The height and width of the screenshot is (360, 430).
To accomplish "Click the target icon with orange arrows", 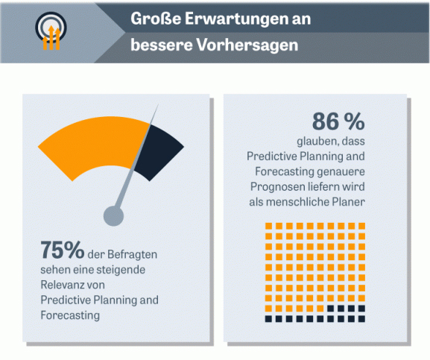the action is (x=51, y=31).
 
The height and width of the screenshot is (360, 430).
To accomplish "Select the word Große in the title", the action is (x=156, y=19).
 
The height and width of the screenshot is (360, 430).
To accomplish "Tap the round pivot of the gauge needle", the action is (x=113, y=216).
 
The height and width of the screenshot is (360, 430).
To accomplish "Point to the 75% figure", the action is (x=63, y=250).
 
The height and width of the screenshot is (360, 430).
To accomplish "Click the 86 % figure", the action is (x=338, y=121).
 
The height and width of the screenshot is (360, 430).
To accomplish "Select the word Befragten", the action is (x=133, y=254).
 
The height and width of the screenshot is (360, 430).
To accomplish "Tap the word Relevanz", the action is (x=60, y=285).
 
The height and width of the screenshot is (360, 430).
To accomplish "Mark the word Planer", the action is (x=349, y=202).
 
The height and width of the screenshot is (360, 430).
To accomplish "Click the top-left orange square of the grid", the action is (x=268, y=226).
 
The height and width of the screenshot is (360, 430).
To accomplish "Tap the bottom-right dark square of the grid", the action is (x=361, y=318).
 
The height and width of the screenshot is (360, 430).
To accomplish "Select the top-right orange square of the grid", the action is (x=361, y=226).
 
